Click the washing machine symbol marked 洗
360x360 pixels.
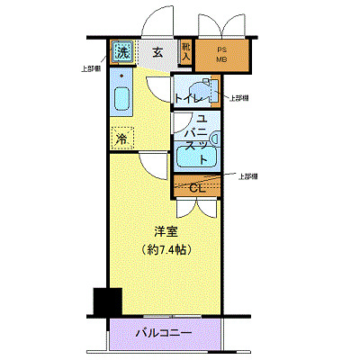[121, 51]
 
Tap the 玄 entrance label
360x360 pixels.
[157, 51]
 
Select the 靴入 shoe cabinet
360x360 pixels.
[186, 52]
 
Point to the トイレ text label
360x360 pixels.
[189, 96]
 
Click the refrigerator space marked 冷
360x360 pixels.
[121, 139]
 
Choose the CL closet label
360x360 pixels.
[197, 187]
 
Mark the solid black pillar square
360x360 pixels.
[107, 301]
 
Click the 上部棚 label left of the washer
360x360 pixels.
[92, 68]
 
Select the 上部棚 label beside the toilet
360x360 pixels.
[239, 98]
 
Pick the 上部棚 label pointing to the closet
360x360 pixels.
[249, 176]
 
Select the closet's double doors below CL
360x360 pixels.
[196, 208]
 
